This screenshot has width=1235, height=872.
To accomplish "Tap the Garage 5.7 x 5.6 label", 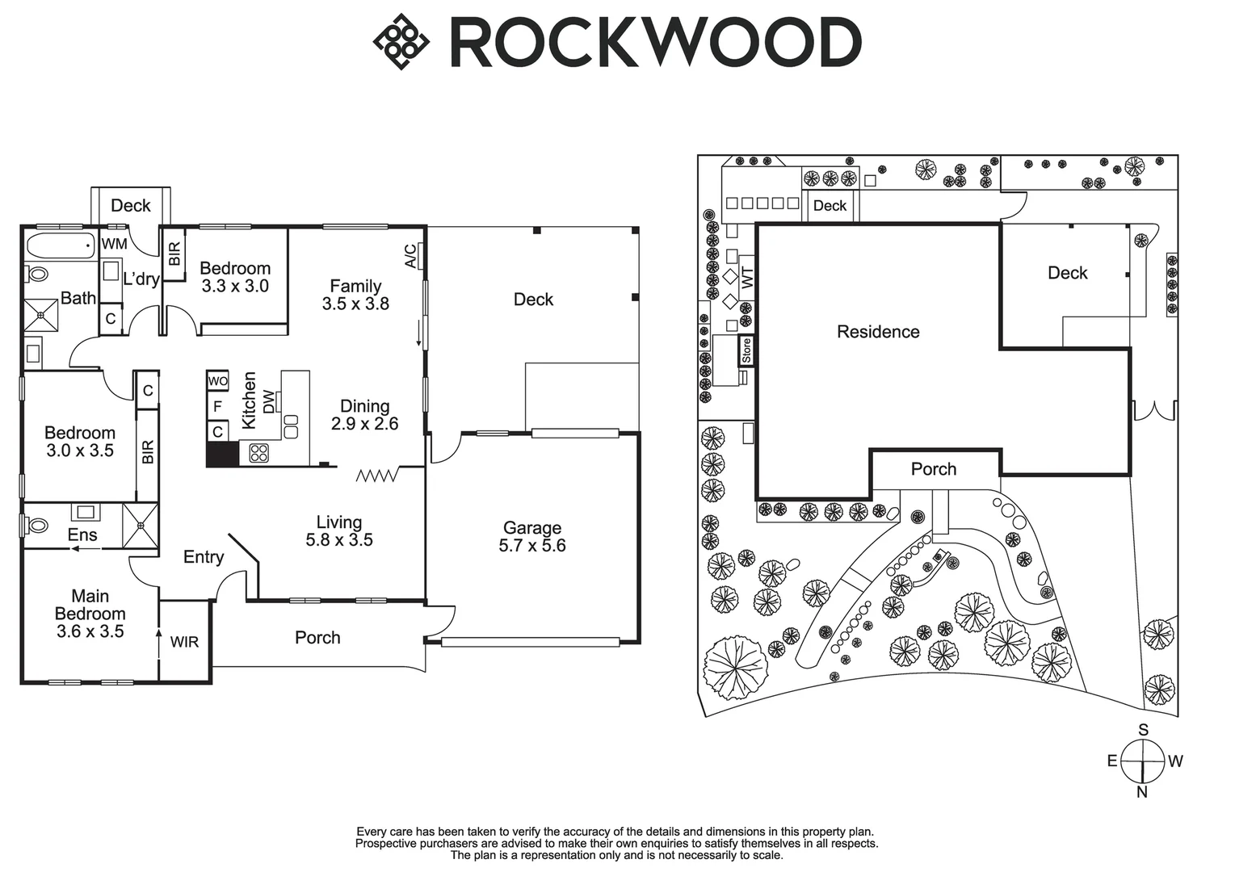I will tap(531, 537).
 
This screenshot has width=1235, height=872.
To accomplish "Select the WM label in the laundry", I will tap(114, 243).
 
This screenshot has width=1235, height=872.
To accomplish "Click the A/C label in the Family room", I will tap(410, 256).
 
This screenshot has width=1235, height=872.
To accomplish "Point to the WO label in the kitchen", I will tap(218, 381).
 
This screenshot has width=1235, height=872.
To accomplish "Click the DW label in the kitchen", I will tap(269, 400).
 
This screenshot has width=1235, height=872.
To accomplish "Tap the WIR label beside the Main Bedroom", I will tap(184, 643).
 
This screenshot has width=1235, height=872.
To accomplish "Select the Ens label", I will tap(82, 535).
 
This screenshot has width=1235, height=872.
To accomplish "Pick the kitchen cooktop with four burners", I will tap(258, 453).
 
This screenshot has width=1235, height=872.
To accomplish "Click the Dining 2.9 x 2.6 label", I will tap(364, 415).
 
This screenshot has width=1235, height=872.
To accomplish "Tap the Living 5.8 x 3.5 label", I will tap(339, 531).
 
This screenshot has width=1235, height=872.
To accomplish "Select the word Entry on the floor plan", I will tap(204, 557).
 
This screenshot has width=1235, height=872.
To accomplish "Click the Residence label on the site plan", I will tap(878, 332).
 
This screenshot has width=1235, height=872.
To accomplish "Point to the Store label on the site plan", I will tap(746, 350).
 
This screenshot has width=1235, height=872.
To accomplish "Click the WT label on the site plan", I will tap(747, 278).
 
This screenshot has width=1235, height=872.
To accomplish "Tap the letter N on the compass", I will tap(1142, 792).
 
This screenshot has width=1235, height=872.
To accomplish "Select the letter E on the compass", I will tap(1112, 761).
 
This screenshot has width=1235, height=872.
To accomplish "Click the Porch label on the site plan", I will tap(934, 469).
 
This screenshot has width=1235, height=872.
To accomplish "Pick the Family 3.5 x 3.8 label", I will tap(355, 295).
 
